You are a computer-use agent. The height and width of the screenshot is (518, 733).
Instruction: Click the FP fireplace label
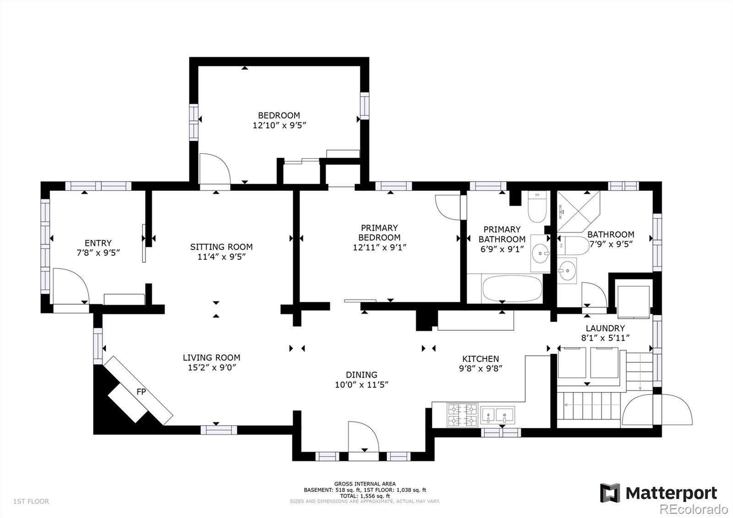(141, 392)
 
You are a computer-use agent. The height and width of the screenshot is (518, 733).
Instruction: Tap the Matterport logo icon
(610, 493)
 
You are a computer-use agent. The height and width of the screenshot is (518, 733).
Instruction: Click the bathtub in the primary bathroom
(512, 289)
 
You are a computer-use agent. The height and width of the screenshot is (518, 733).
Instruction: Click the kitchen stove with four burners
(462, 415)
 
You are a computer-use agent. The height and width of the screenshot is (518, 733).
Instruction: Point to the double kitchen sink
(498, 415)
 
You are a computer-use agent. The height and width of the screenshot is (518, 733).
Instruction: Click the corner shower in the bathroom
(578, 211)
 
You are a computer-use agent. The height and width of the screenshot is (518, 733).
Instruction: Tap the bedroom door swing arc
(214, 169)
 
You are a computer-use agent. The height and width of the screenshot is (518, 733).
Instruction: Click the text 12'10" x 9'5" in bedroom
(279, 125)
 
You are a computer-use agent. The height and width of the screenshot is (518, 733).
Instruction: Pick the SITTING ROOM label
(221, 247)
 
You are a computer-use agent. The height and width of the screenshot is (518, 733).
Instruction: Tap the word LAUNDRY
(605, 328)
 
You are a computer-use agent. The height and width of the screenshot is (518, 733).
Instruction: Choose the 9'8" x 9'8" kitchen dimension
(481, 368)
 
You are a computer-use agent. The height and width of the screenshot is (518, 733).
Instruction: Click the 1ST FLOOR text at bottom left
(31, 501)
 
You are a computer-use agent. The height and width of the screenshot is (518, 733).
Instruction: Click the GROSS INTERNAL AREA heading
(365, 484)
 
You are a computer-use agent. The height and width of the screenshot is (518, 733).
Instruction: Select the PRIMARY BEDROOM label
(379, 233)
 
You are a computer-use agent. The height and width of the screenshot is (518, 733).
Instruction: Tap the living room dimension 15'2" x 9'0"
(211, 367)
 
